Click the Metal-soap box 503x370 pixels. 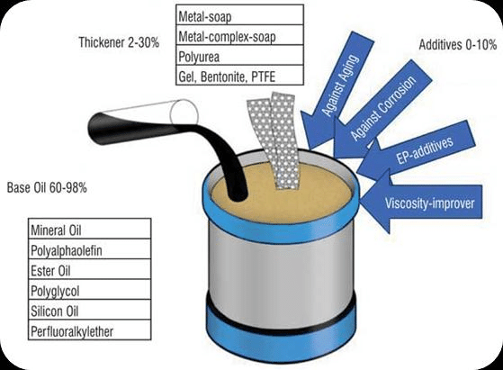pyautogui.click(x=239, y=15)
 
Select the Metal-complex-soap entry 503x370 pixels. pyautogui.click(x=239, y=37)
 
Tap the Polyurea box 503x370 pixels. pyautogui.click(x=239, y=57)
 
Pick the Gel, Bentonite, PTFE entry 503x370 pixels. pyautogui.click(x=239, y=77)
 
